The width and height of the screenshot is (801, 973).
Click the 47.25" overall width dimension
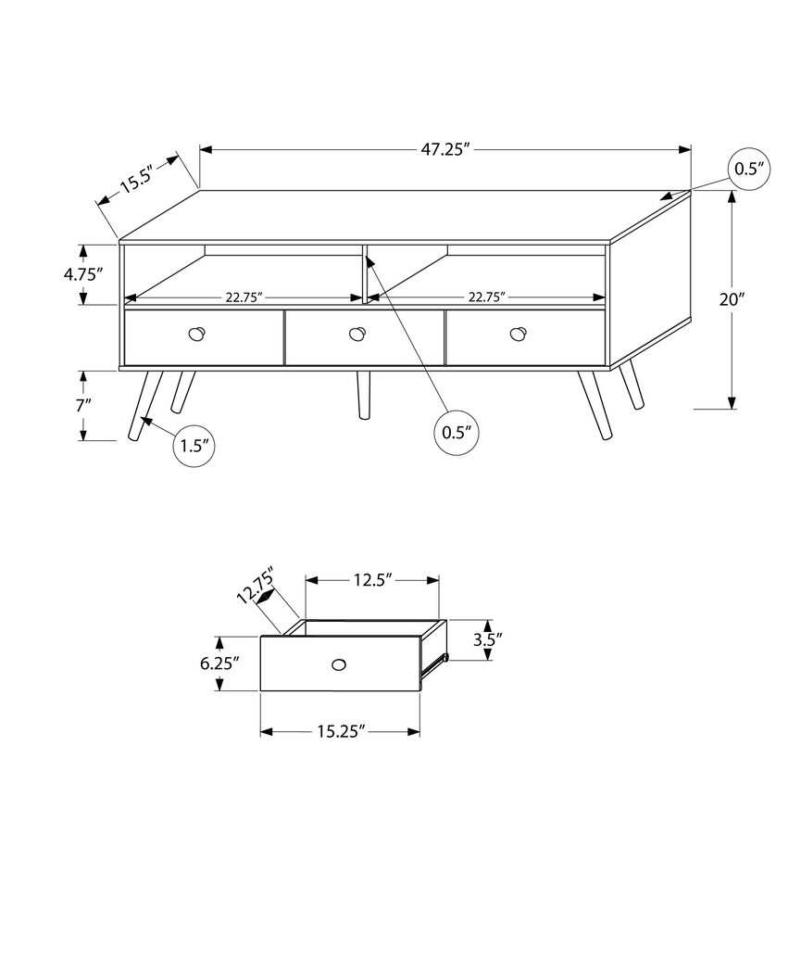point(447,150)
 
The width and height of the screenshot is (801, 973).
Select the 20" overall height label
point(732,299)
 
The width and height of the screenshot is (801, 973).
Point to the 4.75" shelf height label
point(81,274)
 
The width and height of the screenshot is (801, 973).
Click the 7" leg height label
point(84,405)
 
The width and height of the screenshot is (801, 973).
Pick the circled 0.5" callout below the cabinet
point(457,432)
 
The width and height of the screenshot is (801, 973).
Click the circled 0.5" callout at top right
point(749,169)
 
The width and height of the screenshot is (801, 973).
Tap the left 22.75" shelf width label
point(244,297)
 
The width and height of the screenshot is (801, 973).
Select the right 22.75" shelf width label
point(486,297)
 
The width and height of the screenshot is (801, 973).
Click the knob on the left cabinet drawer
point(196,335)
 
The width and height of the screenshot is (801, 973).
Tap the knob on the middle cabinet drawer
point(357,335)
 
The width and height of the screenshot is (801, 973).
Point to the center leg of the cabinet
point(363,394)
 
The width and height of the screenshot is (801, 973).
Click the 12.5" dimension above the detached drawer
point(372,580)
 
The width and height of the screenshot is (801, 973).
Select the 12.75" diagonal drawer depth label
point(256,586)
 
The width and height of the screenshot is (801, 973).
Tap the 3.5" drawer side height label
point(487,638)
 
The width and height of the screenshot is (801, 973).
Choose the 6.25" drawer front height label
point(219,663)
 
